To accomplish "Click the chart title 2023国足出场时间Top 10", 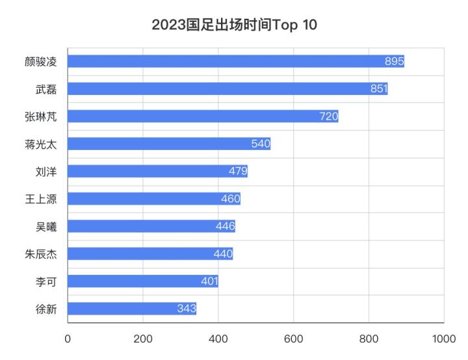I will (234, 25).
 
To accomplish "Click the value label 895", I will (394, 61).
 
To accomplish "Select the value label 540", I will (261, 144).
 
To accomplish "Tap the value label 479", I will (237, 172).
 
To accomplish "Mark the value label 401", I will (209, 281).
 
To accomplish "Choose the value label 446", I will (225, 226).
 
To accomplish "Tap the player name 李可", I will (46, 281).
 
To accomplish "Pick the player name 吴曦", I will (46, 226).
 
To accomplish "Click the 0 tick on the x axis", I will (68, 339).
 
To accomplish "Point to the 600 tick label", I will (293, 339).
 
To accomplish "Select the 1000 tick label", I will (443, 339).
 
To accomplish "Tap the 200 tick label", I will (143, 339).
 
